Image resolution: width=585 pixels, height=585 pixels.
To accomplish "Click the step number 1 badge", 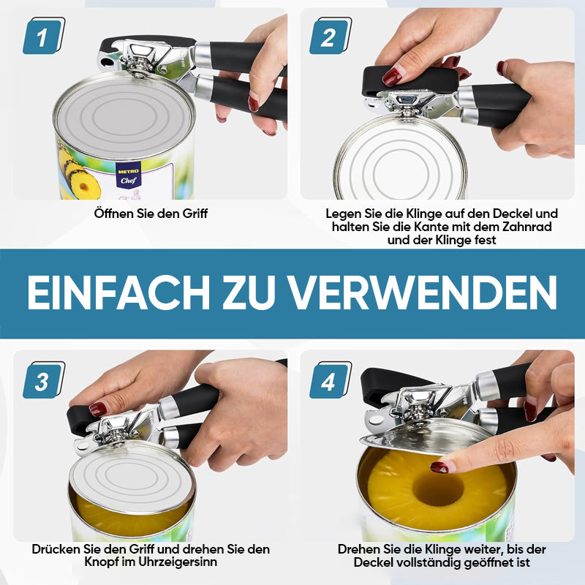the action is click(x=44, y=36).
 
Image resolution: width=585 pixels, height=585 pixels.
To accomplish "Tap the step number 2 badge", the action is click(x=331, y=36).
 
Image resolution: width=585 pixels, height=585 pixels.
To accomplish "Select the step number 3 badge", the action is click(x=44, y=380).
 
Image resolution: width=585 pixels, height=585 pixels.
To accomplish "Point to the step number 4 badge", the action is click(x=331, y=380).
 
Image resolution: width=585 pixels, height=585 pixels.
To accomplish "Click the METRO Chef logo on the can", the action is click(x=129, y=176).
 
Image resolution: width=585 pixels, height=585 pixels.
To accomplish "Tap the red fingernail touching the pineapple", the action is click(x=439, y=467).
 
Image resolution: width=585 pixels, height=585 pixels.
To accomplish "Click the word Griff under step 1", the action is click(x=195, y=214).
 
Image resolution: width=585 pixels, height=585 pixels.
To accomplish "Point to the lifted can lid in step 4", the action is click(x=422, y=437).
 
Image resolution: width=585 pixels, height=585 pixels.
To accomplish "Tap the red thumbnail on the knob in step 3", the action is click(x=98, y=409).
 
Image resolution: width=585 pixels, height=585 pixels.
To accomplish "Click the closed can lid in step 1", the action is click(x=124, y=116).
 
